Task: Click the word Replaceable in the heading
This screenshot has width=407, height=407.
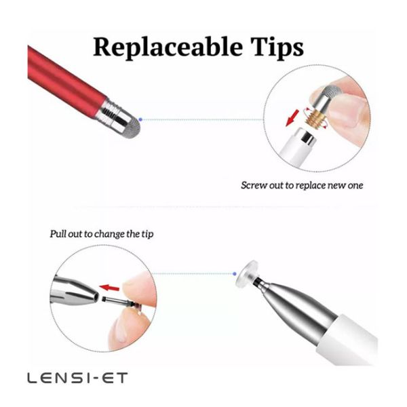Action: pyautogui.click(x=168, y=47)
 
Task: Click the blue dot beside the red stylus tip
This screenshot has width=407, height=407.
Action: pyautogui.click(x=140, y=119)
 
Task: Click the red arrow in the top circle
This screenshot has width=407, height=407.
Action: pyautogui.click(x=293, y=118)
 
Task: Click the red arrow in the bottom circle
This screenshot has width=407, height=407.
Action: pyautogui.click(x=109, y=288)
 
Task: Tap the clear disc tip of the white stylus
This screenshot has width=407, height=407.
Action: pyautogui.click(x=247, y=273)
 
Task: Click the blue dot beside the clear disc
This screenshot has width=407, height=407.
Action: pyautogui.click(x=235, y=273)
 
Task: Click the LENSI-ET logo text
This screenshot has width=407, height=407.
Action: pyautogui.click(x=77, y=378)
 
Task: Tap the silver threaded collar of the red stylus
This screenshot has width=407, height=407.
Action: pyautogui.click(x=110, y=112)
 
